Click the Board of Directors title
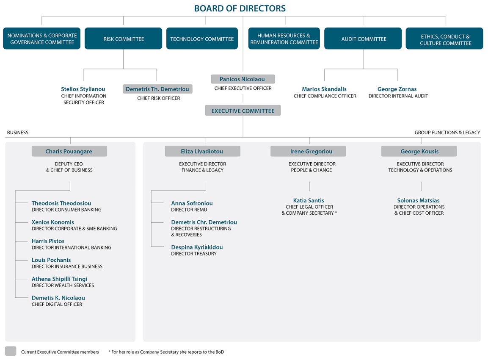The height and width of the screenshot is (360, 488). (240, 8)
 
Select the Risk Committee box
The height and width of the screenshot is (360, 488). (123, 38)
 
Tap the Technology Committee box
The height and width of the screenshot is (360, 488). (202, 38)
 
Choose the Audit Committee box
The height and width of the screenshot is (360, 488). (363, 38)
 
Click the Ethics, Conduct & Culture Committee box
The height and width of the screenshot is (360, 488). (444, 38)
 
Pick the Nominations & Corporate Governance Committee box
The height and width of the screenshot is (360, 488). (42, 38)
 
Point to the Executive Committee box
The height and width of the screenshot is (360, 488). (243, 111)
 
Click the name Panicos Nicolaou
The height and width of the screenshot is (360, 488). (242, 79)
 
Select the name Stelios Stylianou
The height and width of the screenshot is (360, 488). (83, 89)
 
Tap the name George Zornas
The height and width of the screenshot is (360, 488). (397, 89)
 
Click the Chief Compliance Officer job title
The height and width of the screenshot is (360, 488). (325, 96)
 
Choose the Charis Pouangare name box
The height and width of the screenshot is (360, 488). (69, 151)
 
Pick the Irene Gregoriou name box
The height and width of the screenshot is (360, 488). (308, 151)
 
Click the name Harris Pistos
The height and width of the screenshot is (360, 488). (48, 241)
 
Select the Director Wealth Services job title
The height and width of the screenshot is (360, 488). (63, 285)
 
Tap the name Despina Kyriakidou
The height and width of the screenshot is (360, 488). (197, 247)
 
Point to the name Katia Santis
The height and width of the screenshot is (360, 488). (309, 201)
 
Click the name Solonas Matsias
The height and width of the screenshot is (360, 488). (418, 201)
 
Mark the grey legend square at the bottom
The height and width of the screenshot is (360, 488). (11, 351)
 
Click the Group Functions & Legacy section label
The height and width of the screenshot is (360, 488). (447, 132)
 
